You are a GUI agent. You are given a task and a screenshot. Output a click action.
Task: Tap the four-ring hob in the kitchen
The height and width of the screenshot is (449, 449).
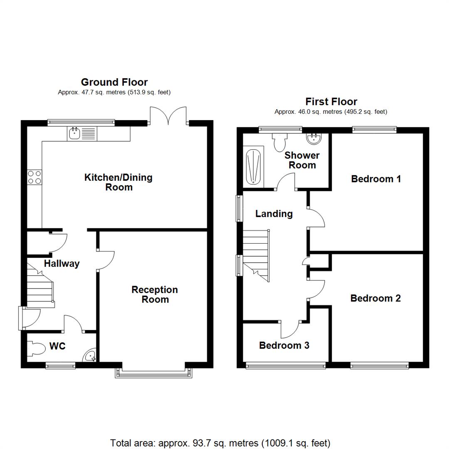34,178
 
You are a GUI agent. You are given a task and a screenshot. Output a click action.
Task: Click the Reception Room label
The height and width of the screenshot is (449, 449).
155,294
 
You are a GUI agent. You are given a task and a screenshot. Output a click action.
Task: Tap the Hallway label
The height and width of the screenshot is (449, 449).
62,264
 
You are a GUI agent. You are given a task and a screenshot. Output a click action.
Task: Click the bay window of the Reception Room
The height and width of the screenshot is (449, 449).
154,373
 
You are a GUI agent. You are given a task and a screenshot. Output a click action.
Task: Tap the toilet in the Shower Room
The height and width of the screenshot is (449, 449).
279,142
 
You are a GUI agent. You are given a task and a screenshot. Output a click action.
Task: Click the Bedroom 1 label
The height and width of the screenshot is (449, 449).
376,179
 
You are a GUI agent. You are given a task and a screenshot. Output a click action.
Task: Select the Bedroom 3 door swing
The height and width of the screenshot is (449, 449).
290,329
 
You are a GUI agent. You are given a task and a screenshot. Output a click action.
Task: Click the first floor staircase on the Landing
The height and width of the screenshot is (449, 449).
256,254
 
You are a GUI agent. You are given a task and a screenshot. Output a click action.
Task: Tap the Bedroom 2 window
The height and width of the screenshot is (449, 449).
379,365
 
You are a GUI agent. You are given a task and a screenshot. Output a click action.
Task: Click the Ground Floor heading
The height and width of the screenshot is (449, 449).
114,82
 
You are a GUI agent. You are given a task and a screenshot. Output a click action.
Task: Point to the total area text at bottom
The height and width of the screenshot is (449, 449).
220,443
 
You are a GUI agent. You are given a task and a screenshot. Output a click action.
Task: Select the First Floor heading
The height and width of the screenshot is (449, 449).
331,101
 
